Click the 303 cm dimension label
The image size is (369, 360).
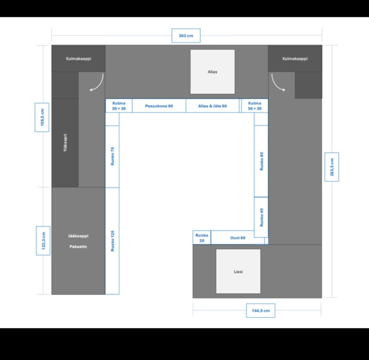coord(186,35)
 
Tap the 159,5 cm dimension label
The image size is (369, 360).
coord(42,117)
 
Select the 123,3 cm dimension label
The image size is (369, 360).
coord(43,241)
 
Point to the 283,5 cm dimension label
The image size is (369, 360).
coord(332,167)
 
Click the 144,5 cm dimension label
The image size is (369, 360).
coord(261,310)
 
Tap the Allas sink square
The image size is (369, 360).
coord(213,72)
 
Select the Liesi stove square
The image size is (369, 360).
coord(238,271)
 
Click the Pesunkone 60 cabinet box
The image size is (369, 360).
coord(159,106)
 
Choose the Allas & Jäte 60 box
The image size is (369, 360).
coord(213,106)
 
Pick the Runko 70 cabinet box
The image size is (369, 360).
coord(112,156)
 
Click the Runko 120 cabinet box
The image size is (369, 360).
coord(112,241)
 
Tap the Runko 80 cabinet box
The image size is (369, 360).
coord(261,161)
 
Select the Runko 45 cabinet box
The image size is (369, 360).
coord(261,217)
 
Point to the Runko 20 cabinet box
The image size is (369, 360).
coord(202,238)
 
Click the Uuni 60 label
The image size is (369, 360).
coord(238,238)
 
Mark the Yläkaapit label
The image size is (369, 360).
coord(65,143)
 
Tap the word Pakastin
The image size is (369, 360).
coord(78,247)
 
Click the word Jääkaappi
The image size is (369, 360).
coord(78,236)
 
